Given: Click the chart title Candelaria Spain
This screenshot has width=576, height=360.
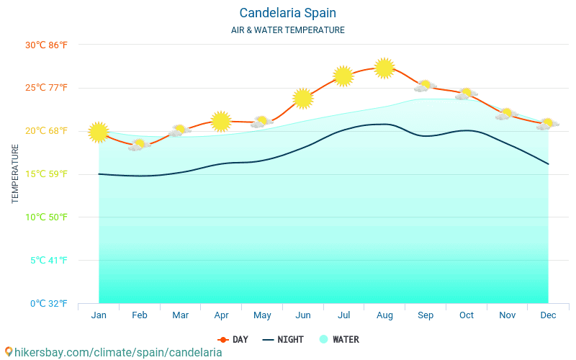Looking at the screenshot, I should tap(287, 13).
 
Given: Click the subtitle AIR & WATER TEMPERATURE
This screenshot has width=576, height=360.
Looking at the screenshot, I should tap(287, 30).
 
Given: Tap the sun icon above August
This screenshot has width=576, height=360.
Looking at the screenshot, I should tap(384, 68).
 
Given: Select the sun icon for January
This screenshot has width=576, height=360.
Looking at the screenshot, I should tap(99, 132).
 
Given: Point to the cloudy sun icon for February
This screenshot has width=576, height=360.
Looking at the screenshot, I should tap(139, 145).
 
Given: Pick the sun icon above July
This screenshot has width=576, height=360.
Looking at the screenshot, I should tap(343, 76).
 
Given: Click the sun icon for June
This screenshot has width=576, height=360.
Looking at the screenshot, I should tap(303, 98).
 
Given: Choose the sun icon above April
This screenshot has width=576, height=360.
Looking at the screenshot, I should tap(221, 121).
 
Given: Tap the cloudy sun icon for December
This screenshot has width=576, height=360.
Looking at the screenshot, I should tap(548, 124).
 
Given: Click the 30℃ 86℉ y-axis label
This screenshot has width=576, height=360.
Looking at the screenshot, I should tap(47, 45).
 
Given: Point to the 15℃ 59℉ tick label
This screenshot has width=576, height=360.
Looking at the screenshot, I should tap(47, 174).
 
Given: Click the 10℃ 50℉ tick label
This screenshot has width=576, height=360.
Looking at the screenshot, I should tap(47, 217).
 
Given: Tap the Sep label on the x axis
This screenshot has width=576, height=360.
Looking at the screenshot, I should tap(426, 315).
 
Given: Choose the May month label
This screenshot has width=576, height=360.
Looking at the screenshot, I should tap(262, 315).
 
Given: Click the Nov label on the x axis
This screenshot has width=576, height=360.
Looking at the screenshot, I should tap(508, 315).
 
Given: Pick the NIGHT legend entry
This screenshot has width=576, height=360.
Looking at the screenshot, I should tap(283, 340).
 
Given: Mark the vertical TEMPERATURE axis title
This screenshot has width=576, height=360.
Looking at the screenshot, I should tap(15, 174).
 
